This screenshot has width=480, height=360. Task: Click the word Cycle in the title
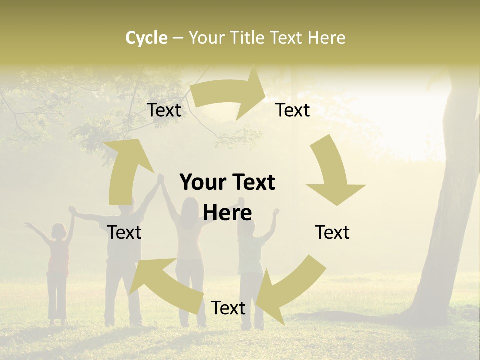(x=146, y=38)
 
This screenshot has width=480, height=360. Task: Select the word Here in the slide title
(x=326, y=38)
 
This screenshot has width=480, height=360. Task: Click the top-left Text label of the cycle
(x=164, y=110)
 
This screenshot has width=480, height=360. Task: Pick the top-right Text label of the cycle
(x=293, y=110)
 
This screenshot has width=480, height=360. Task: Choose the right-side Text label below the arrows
(x=332, y=232)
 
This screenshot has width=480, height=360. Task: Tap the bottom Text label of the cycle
(x=228, y=308)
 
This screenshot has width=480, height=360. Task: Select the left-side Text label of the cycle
(x=124, y=232)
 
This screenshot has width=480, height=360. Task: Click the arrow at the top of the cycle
(x=230, y=93)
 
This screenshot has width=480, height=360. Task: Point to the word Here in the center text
(x=227, y=213)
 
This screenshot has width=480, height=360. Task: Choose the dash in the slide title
(x=178, y=38)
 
